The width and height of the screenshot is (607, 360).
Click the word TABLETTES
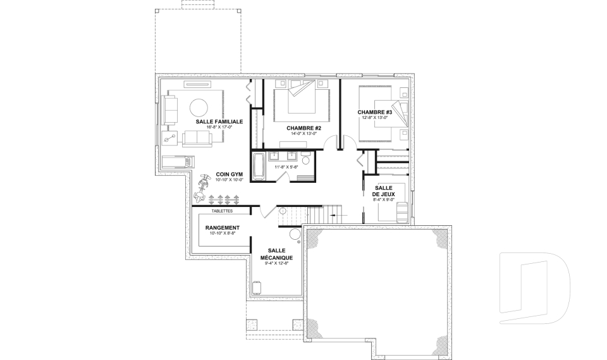(x=222, y=211)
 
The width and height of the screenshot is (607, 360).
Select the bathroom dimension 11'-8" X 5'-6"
(x=286, y=167)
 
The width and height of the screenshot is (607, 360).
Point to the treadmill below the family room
(x=178, y=161)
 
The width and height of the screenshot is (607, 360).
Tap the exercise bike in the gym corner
(x=201, y=188)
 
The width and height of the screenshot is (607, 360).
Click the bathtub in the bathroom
(x=259, y=166)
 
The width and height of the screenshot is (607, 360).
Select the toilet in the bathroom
(x=306, y=159)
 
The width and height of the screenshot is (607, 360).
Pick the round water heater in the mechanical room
(x=295, y=234)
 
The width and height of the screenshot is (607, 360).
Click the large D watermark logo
(x=535, y=288)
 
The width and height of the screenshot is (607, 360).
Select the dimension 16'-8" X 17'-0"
(x=219, y=127)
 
